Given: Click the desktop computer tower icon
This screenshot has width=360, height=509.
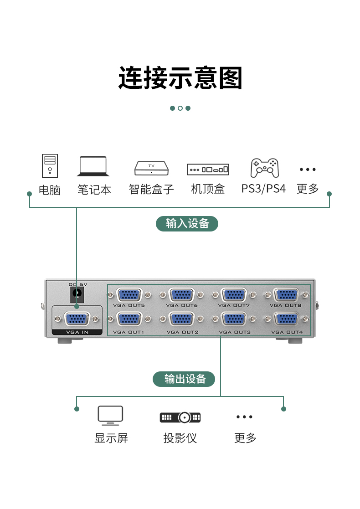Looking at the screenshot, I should [50, 166].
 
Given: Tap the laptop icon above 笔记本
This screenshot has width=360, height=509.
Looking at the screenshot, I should [93, 166].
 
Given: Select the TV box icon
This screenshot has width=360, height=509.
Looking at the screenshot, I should [151, 168].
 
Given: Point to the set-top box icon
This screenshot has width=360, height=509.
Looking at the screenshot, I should [208, 170].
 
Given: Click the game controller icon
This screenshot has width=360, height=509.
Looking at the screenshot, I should [264, 168].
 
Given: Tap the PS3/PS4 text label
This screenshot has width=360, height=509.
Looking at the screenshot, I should [263, 189].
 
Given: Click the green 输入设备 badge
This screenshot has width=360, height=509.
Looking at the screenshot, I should [187, 224].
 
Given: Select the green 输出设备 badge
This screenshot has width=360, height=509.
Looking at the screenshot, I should [184, 379].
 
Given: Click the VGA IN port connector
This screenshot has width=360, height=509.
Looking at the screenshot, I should [77, 319].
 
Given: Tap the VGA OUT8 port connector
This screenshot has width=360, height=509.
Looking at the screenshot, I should [286, 295].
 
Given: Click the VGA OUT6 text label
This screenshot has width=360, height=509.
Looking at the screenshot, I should [182, 305].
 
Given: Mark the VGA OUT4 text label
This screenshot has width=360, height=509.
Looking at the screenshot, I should [287, 332].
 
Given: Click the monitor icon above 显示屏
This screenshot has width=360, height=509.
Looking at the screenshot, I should [110, 415].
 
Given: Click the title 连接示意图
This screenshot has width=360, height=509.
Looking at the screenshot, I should [180, 78].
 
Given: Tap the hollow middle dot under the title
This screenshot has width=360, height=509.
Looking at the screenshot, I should [180, 108].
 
